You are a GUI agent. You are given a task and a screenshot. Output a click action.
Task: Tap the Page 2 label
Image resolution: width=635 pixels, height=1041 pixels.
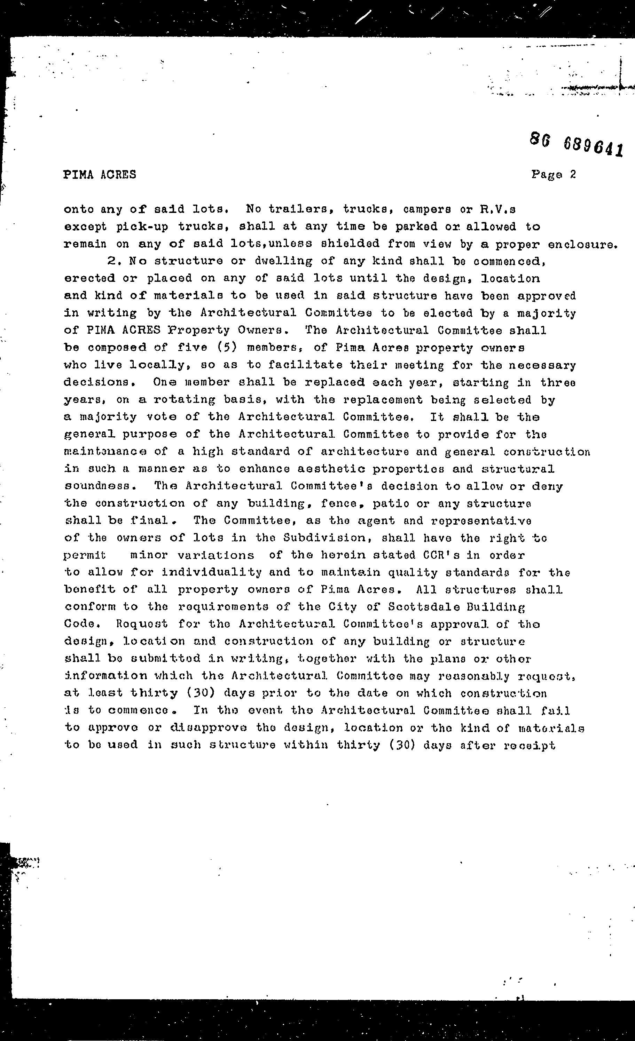554,175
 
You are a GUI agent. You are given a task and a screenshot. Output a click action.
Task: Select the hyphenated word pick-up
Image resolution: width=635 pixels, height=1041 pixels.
142,227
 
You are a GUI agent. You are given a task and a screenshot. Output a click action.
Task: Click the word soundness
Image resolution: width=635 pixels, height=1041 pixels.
100,486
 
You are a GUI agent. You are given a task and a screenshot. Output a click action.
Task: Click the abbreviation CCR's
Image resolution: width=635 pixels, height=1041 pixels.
441,555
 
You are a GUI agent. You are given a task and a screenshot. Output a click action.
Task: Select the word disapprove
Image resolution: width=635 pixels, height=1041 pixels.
209,728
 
